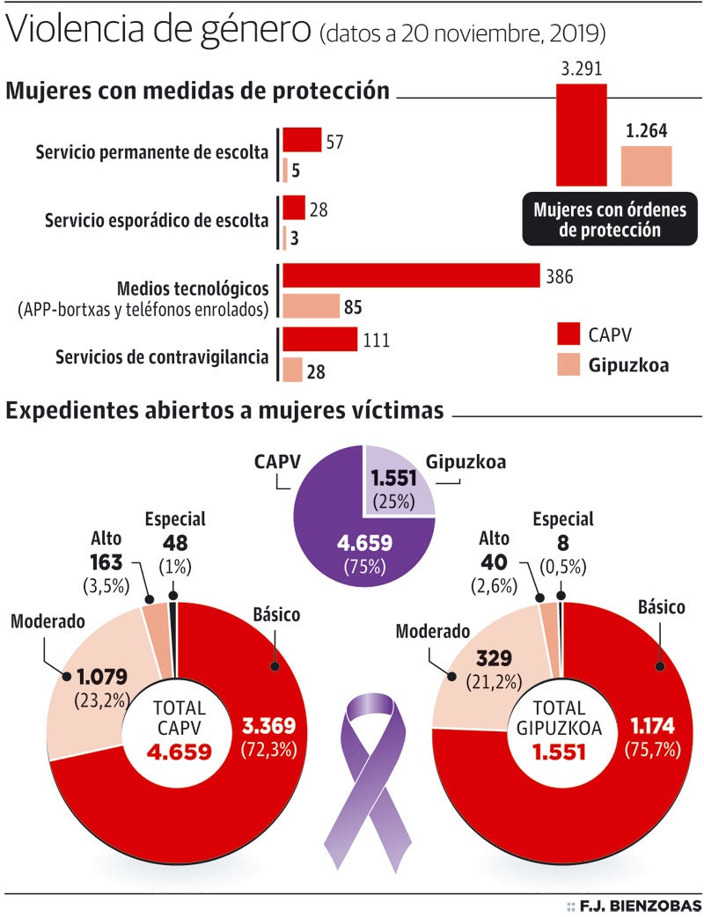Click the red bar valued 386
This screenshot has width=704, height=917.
411,276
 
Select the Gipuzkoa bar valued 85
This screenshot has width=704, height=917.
311,306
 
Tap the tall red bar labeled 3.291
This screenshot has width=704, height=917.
581,135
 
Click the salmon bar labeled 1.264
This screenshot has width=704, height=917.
646,166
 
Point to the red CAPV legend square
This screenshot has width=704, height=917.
568,334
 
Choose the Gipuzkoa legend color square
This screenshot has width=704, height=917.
568,363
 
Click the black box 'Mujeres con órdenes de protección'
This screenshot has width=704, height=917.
609,219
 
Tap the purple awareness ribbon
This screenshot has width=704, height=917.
370,774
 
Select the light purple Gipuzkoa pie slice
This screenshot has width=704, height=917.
398,481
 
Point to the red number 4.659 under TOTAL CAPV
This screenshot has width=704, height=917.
179,752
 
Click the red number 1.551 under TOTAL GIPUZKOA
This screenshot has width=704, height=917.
561,753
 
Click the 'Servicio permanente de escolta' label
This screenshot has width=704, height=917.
152,152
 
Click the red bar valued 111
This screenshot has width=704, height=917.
319,340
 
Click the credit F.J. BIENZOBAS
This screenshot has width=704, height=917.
640,906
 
